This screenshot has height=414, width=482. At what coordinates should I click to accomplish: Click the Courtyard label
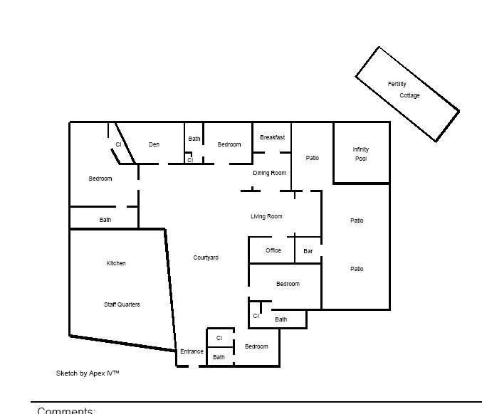tap(206, 258)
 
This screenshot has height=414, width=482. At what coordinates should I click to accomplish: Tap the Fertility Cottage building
tap(407, 94)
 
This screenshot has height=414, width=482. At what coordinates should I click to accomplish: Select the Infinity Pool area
tap(362, 153)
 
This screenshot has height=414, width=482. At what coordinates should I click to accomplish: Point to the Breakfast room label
tap(273, 137)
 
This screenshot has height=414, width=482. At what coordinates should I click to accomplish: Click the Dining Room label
tap(270, 174)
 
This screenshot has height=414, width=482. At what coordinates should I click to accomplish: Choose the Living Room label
tap(266, 216)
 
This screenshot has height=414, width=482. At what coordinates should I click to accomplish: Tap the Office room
tap(271, 250)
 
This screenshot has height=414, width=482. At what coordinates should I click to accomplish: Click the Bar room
tap(308, 250)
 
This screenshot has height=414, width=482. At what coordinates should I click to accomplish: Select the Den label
tap(154, 144)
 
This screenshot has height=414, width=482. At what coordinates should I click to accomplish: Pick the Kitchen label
tap(116, 263)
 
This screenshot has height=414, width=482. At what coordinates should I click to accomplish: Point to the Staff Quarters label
tap(122, 304)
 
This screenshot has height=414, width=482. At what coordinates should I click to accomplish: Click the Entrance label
tap(192, 351)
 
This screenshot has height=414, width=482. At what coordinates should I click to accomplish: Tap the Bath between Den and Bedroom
tap(194, 139)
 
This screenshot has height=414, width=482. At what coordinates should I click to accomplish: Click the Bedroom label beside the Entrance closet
tap(256, 346)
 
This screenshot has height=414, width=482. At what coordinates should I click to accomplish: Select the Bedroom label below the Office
tap(288, 284)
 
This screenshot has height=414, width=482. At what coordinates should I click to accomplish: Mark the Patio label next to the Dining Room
tap(313, 158)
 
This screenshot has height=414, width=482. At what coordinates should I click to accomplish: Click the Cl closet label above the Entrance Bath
tap(219, 338)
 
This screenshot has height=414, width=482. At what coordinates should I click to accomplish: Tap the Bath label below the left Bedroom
tap(105, 220)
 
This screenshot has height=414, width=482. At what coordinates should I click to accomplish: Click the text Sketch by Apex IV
tap(88, 373)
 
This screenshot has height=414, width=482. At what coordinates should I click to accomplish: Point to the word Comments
tap(66, 410)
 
